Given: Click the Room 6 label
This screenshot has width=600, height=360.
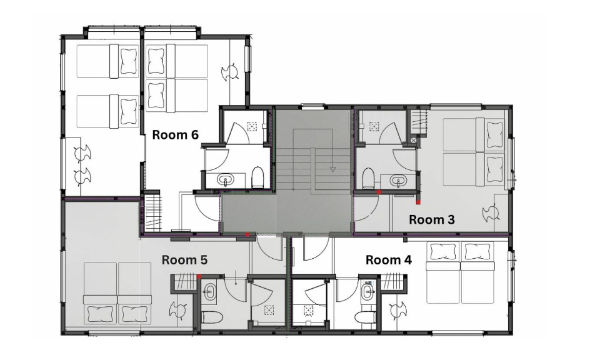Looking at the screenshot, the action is [175, 134].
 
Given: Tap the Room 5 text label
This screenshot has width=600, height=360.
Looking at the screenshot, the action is [184, 260].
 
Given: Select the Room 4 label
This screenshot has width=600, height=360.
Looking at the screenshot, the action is [389, 260].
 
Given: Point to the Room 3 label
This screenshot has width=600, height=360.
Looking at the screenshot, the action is [432, 219].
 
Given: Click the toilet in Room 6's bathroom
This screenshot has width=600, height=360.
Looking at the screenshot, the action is [258, 177].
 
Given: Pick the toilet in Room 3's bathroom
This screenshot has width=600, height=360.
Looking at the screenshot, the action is [368, 178].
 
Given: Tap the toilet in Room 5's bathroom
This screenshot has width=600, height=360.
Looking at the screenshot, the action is [212, 317].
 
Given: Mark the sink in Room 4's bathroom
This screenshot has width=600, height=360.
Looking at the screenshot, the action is [367, 292].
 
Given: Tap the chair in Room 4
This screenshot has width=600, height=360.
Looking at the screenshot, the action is [398, 309].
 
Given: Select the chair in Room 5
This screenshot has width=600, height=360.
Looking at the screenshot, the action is [177, 309].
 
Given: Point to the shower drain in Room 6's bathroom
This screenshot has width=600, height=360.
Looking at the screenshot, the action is [252, 126].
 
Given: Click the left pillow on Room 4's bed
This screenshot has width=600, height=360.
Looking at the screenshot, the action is [444, 252].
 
